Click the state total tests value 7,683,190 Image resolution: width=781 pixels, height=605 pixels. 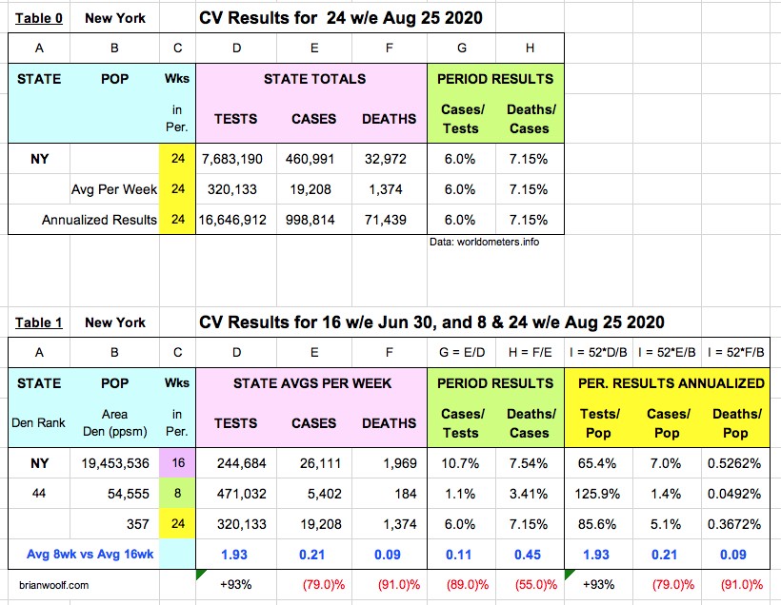pyautogui.click(x=235, y=159)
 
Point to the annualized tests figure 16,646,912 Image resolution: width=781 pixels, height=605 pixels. pyautogui.click(x=235, y=220)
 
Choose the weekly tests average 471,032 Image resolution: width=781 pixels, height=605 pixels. pyautogui.click(x=235, y=494)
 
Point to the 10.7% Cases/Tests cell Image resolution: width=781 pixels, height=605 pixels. pyautogui.click(x=460, y=463)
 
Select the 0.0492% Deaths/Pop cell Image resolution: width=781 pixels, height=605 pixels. pyautogui.click(x=734, y=494)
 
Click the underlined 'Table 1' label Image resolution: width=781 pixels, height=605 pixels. pyautogui.click(x=38, y=322)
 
